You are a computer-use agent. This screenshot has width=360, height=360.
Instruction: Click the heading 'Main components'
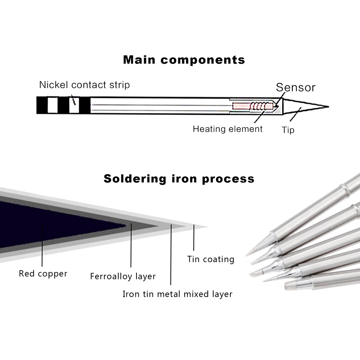[x=184, y=60]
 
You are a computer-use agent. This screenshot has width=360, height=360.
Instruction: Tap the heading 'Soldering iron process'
[x=179, y=179]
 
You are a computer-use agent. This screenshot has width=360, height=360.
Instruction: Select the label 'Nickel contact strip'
[x=84, y=85]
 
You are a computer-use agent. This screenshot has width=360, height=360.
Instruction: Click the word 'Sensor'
[x=296, y=87]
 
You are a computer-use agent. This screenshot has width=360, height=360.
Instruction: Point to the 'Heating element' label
[x=228, y=129]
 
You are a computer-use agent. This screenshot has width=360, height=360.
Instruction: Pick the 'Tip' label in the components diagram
[x=288, y=130]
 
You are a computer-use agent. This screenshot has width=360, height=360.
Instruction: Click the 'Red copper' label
[x=43, y=274]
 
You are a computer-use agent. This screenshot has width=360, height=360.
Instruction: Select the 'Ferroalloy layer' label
[x=123, y=276]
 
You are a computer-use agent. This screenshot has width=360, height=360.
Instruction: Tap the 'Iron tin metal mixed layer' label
[x=177, y=294]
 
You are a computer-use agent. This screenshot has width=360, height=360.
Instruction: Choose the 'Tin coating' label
[x=211, y=259]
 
